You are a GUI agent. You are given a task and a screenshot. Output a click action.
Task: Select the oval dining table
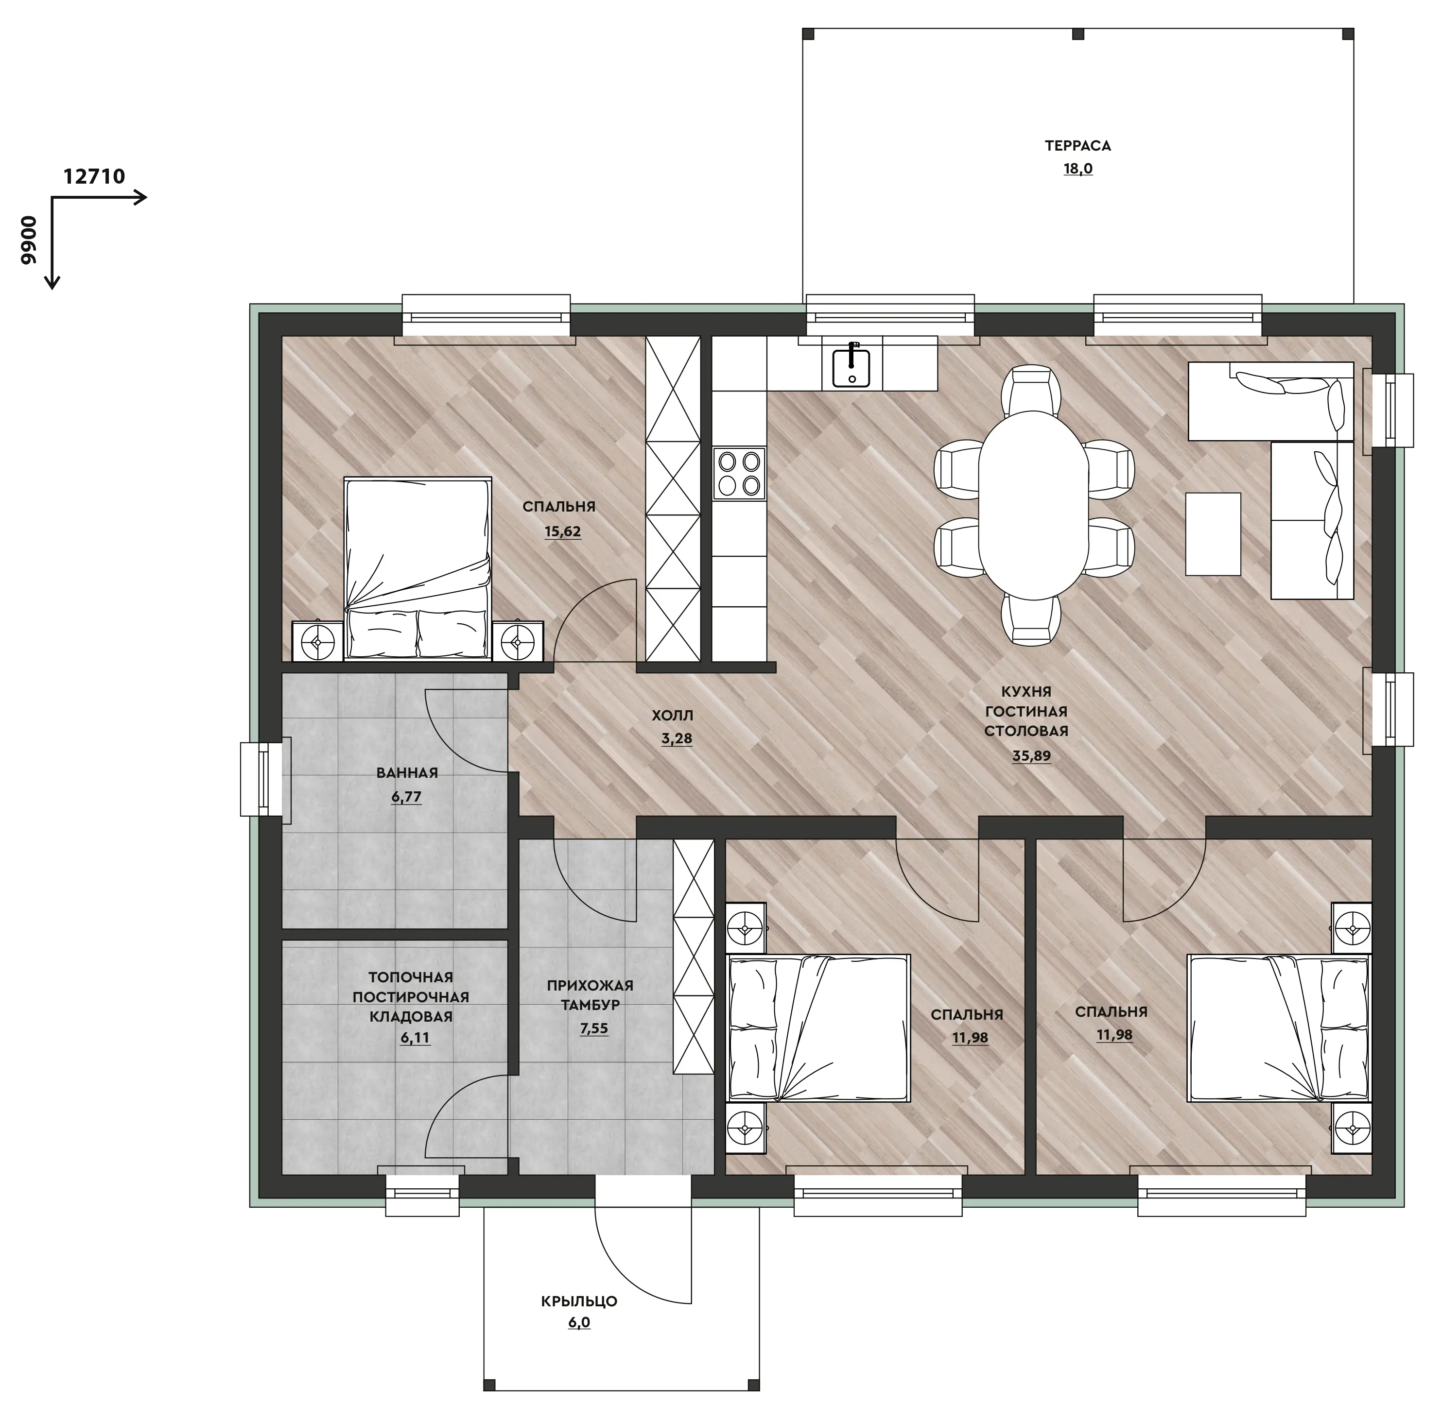(1033, 505)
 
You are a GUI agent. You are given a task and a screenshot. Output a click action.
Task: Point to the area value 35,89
(1031, 755)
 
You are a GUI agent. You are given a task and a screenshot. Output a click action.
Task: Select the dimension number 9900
(28, 240)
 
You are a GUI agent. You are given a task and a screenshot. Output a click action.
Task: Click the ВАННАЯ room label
(407, 772)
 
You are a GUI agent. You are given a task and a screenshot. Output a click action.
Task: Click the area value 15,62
(562, 532)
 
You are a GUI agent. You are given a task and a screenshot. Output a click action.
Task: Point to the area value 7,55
(594, 1028)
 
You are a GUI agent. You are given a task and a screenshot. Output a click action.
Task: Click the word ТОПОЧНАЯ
(410, 977)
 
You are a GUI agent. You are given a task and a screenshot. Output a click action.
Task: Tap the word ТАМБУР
(590, 1005)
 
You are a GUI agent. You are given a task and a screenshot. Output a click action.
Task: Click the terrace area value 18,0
(1078, 169)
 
